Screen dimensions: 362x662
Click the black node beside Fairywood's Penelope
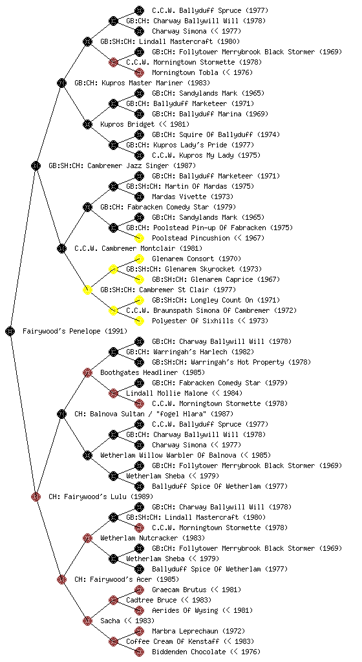tap(10, 331)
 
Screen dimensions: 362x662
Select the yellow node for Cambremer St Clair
tap(87, 290)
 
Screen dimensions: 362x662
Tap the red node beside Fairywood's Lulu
tap(36, 496)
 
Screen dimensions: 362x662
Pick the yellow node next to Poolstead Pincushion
tap(139, 238)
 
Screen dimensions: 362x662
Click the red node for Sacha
tap(87, 621)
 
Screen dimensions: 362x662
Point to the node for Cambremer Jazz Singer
tap(36, 165)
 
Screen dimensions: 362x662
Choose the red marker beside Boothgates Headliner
tap(87, 372)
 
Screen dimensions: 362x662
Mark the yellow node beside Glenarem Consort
tap(139, 259)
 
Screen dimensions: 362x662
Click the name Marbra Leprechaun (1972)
tap(198, 631)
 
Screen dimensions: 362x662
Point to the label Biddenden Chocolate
tap(189, 652)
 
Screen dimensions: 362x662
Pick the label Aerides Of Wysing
tap(186, 610)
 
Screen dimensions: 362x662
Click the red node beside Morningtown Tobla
tap(139, 72)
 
